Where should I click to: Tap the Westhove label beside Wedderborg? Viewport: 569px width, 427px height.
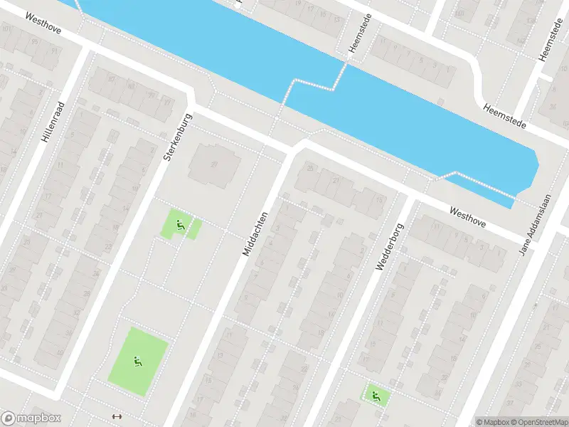point(467,216)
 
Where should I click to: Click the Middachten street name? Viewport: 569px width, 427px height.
point(255,233)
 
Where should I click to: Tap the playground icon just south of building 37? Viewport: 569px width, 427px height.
point(181,226)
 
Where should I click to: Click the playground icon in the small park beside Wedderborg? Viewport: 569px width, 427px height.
point(375,396)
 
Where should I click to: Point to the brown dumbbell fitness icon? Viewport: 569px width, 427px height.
point(118,417)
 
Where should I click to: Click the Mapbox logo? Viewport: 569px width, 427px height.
point(31,418)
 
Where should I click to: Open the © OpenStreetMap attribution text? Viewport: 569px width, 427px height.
point(533,422)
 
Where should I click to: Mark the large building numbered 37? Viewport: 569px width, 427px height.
point(213,164)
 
